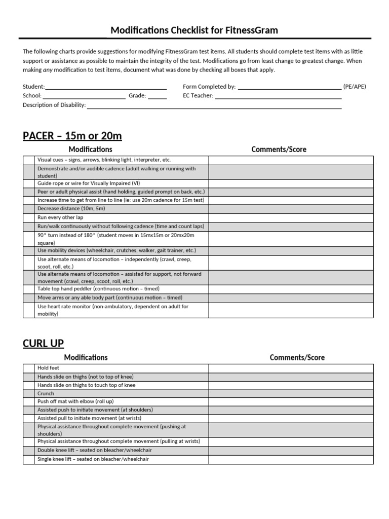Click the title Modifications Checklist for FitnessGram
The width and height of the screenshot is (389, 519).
[x=194, y=30]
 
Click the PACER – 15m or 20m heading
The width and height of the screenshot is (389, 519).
[x=72, y=136]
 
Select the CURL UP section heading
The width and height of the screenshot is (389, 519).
[x=43, y=343]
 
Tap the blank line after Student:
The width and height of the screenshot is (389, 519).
[x=106, y=87]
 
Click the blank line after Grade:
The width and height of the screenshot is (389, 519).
[x=157, y=95]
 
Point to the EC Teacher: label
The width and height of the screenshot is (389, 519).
[x=198, y=95]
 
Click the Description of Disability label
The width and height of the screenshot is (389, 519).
[x=54, y=105]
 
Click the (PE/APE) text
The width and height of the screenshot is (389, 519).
[x=355, y=87]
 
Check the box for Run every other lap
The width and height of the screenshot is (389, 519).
[x=29, y=217]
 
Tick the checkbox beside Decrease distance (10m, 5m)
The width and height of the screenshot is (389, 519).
[x=29, y=208]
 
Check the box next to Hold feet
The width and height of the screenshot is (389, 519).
[x=29, y=368]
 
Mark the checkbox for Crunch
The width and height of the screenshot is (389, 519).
[x=29, y=393]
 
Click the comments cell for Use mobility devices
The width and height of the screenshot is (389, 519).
[x=291, y=250]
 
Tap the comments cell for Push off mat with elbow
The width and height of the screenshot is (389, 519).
[x=291, y=401]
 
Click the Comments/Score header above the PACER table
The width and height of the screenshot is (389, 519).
[x=279, y=150]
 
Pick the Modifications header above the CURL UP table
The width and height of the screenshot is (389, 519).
[x=86, y=357]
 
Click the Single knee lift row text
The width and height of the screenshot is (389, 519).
[x=93, y=459]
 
